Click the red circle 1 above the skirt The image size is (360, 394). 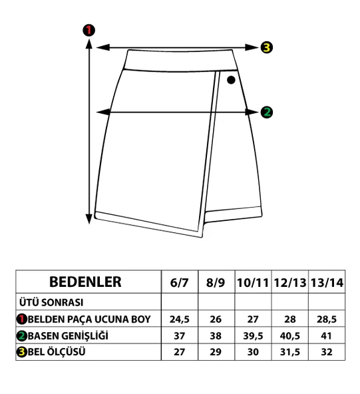tap(89, 31)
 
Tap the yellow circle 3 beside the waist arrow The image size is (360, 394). tap(266, 47)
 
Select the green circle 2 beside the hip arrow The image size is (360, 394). tap(266, 112)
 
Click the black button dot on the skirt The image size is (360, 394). tap(231, 80)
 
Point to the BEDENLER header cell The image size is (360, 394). tap(85, 282)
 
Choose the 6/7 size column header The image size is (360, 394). tap(179, 283)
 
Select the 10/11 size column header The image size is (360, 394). tap(253, 283)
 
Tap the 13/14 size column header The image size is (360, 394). tap(327, 283)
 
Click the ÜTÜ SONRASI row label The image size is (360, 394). tap(51, 302)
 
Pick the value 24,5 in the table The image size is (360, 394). tap(180, 319)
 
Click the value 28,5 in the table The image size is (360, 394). tap(327, 319)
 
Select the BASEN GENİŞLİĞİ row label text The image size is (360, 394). tap(68, 335)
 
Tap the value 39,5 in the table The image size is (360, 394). tap(253, 336)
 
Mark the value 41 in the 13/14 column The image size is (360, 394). tap(326, 336)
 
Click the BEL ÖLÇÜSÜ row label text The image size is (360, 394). tap(57, 352)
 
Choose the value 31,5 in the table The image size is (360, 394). tap(290, 352)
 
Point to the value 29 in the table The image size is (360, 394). tap(216, 352)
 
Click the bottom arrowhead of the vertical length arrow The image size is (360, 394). tap(89, 218)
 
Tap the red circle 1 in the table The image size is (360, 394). tap(22, 319)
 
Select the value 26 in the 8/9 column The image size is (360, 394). tap(216, 319)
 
